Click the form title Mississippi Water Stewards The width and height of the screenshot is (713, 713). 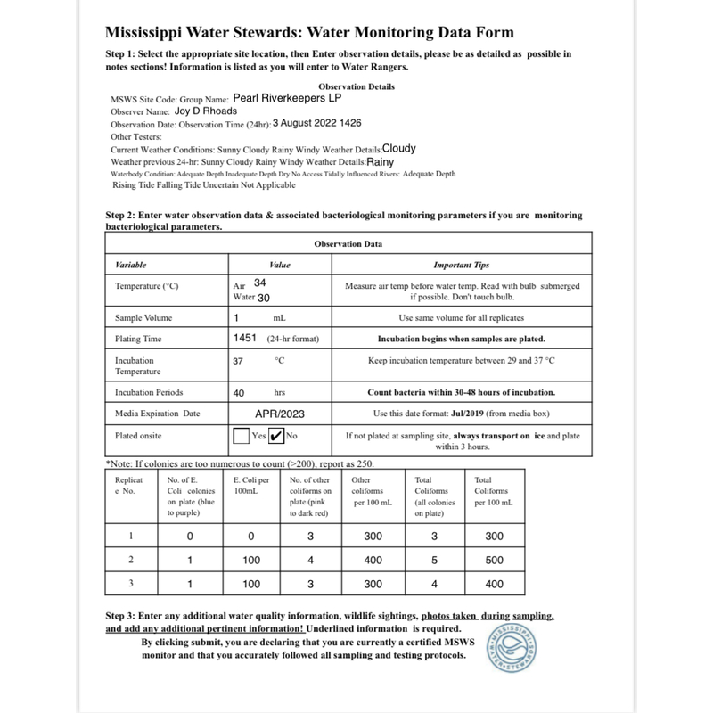tap(309, 33)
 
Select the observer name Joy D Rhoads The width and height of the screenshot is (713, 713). tap(207, 112)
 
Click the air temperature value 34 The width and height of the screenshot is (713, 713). tap(260, 283)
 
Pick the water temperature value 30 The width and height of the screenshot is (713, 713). tap(264, 298)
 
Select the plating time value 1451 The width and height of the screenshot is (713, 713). tap(245, 339)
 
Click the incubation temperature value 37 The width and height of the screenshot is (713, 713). tap(238, 361)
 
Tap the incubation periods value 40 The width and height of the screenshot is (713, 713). tap(239, 392)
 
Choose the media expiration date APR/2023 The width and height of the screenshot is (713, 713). tap(279, 414)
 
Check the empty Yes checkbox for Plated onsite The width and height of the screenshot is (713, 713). tap(241, 437)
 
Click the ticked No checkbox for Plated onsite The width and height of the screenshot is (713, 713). tap(277, 437)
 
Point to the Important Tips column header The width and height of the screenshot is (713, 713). tap(462, 265)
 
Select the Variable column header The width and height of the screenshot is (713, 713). tap(131, 265)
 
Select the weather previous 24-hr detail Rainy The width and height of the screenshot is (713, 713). tap(381, 163)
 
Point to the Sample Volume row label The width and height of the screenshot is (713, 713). tap(144, 318)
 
